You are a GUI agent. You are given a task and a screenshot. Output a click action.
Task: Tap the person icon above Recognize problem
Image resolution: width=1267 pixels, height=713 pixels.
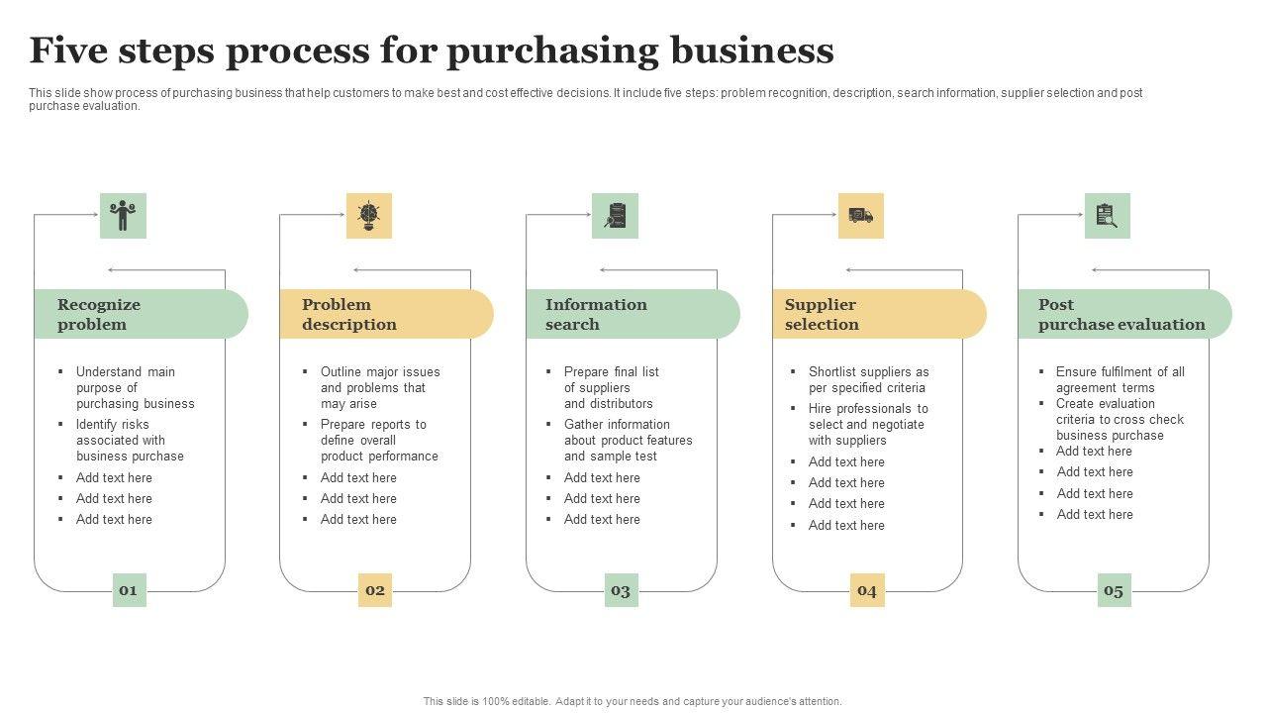pyautogui.click(x=123, y=216)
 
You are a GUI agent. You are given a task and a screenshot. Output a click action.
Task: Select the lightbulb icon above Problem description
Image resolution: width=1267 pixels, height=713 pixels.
pyautogui.click(x=369, y=216)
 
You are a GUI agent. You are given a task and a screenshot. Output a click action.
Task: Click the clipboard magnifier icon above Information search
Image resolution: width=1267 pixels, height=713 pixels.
pyautogui.click(x=616, y=216)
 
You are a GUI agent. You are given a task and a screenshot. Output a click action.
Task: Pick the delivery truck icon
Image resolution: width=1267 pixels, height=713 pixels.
pyautogui.click(x=861, y=216)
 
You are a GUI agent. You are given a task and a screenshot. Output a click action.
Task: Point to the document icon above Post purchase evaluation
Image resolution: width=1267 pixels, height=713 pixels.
pyautogui.click(x=1107, y=216)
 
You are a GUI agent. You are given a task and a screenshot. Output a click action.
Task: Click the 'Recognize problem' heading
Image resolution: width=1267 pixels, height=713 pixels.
pyautogui.click(x=99, y=314)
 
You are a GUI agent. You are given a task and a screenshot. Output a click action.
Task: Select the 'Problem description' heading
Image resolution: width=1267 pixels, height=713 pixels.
pyautogui.click(x=348, y=314)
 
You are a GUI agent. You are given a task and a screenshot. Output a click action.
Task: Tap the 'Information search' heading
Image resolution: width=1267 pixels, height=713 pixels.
pyautogui.click(x=595, y=314)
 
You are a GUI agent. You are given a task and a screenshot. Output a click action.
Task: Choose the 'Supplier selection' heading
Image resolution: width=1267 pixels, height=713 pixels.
pyautogui.click(x=822, y=314)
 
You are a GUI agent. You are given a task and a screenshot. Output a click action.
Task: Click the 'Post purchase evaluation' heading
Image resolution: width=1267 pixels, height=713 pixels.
pyautogui.click(x=1121, y=314)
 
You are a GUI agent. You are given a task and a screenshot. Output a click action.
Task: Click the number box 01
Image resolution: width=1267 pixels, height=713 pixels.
pyautogui.click(x=129, y=590)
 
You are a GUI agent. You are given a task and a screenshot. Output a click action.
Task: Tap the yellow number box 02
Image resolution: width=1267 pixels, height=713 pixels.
pyautogui.click(x=375, y=590)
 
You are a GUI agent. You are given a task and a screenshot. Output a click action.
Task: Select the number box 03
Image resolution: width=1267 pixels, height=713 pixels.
pyautogui.click(x=621, y=590)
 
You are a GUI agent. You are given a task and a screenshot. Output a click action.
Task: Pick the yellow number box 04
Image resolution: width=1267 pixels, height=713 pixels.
pyautogui.click(x=867, y=590)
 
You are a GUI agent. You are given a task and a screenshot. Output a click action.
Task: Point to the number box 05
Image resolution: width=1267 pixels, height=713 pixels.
pyautogui.click(x=1114, y=590)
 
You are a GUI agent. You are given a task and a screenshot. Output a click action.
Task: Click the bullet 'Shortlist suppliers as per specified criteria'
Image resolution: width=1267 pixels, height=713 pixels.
pyautogui.click(x=868, y=380)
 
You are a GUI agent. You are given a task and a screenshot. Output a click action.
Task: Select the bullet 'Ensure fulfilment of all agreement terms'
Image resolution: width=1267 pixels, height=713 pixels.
pyautogui.click(x=1120, y=380)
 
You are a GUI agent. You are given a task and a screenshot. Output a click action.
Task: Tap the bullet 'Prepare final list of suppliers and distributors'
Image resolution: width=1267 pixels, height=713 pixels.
pyautogui.click(x=611, y=387)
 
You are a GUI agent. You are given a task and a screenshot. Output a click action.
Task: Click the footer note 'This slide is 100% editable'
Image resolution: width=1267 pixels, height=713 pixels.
pyautogui.click(x=633, y=701)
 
